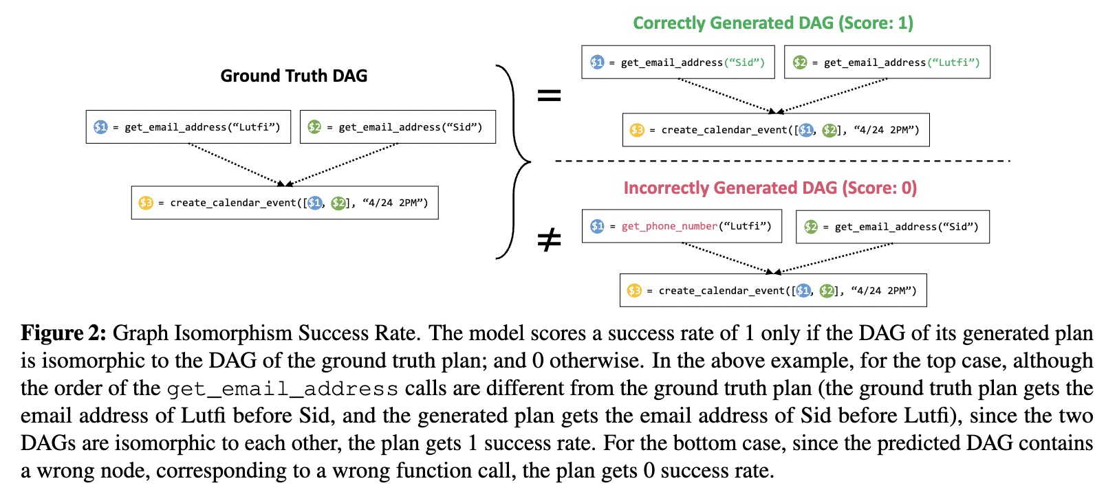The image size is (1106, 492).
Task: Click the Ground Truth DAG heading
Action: [294, 76]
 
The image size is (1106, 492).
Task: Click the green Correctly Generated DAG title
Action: [772, 23]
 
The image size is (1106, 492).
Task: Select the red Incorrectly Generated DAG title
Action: [770, 188]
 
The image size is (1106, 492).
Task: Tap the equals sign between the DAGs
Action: [549, 96]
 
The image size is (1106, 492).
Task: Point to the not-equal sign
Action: [549, 239]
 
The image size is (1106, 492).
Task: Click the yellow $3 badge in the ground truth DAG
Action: [146, 203]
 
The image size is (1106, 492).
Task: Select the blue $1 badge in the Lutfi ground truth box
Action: [100, 127]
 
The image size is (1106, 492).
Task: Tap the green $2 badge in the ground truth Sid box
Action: [314, 127]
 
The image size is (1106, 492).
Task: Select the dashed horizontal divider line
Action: [781, 161]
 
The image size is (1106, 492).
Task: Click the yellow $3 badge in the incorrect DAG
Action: [634, 291]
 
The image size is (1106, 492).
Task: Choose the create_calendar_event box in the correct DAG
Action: [775, 130]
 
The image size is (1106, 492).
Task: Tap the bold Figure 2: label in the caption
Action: [63, 333]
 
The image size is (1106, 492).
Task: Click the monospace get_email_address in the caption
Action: [282, 389]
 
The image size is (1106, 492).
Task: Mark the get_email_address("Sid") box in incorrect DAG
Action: [892, 227]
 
